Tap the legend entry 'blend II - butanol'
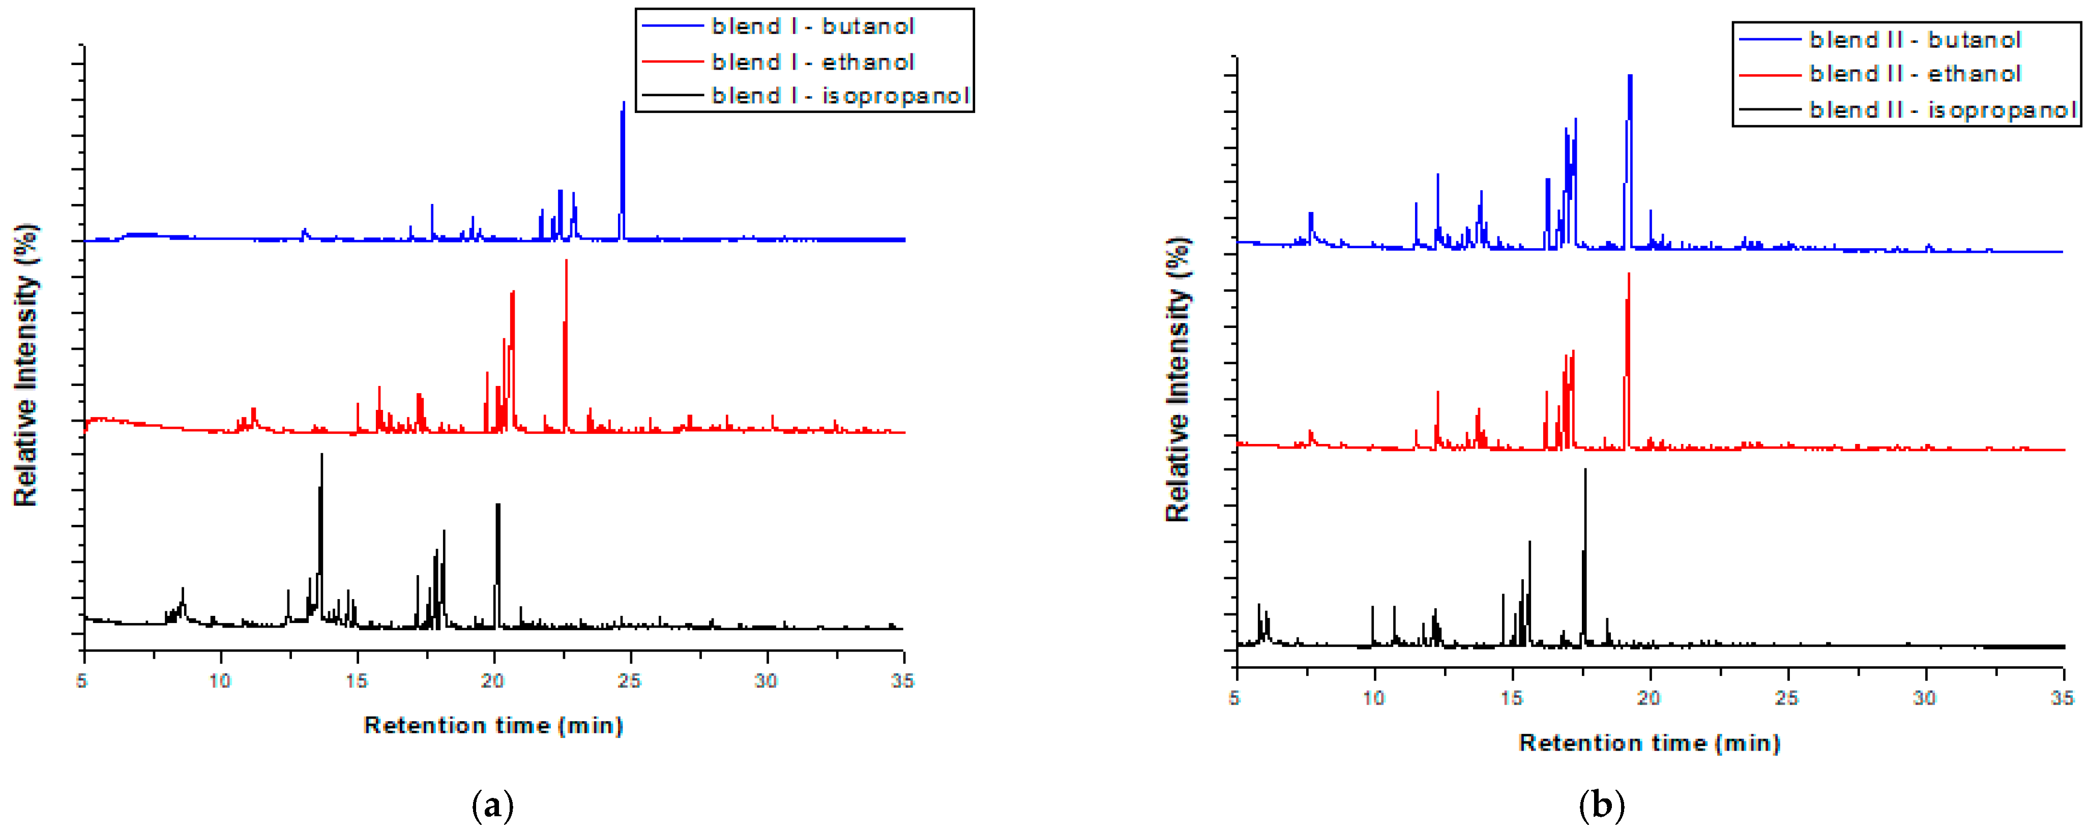click(x=1914, y=40)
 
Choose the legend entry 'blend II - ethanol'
click(x=1914, y=74)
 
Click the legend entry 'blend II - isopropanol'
click(x=1942, y=109)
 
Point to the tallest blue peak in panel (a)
click(x=623, y=104)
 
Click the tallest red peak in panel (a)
click(x=566, y=261)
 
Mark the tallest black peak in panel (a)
click(x=322, y=455)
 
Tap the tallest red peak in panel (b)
click(x=1628, y=275)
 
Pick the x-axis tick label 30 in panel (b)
click(x=1925, y=698)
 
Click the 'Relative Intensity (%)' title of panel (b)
click(x=1178, y=379)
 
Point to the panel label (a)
click(x=492, y=806)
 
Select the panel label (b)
click(x=1602, y=806)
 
